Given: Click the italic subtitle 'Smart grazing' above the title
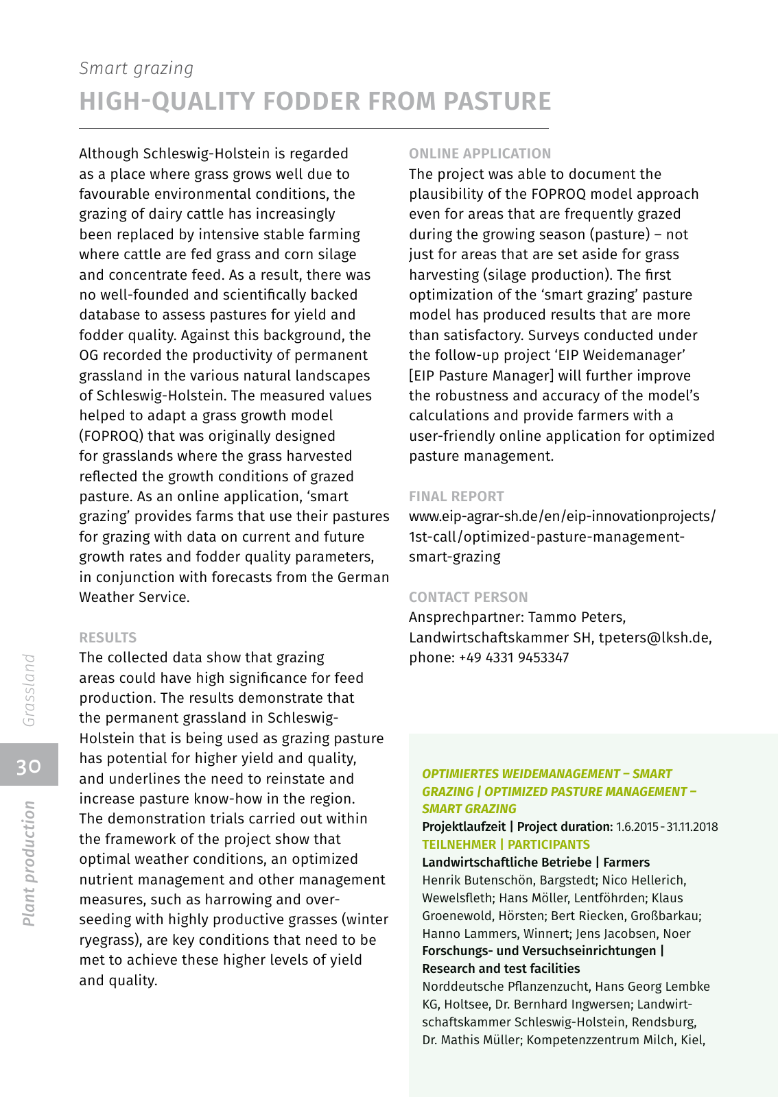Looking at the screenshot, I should (x=137, y=69).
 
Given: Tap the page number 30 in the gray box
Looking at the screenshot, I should (x=29, y=766).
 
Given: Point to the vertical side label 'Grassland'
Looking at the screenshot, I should (x=29, y=690).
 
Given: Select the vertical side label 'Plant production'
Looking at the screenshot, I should (x=29, y=863).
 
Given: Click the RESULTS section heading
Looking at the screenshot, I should (x=108, y=638).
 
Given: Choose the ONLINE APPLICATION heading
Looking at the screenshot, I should (x=480, y=154).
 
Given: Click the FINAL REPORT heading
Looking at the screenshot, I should (x=456, y=496).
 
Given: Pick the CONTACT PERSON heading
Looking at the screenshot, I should (x=468, y=597).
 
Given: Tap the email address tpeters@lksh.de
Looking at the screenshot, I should (x=654, y=638).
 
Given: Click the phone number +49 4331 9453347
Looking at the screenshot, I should (x=514, y=658).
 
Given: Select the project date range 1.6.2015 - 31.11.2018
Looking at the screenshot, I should (x=667, y=827).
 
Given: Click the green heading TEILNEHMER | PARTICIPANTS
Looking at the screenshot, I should (x=506, y=845).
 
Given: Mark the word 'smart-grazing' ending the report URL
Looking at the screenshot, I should (x=454, y=557).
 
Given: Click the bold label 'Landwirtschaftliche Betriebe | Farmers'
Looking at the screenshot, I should (x=535, y=863).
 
